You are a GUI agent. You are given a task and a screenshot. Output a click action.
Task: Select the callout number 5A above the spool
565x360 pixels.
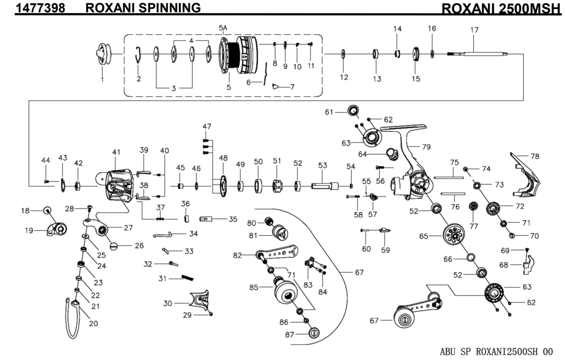pos(224,28)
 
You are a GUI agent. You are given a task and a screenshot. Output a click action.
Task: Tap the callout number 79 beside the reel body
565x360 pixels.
pos(426,146)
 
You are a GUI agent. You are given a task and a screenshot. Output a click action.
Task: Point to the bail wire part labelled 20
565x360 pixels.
pos(72,316)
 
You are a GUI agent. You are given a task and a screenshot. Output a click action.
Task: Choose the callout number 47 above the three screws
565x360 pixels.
pos(207,126)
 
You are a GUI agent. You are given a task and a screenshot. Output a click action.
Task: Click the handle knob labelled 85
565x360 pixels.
pos(286,292)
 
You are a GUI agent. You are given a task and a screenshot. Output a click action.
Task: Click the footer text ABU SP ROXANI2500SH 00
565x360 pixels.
pos(495,351)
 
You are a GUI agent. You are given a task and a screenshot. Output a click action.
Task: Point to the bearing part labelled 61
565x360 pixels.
pos(354,111)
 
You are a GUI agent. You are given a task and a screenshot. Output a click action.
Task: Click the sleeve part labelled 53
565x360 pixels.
pos(322,185)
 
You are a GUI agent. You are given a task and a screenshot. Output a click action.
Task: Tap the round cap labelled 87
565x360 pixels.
pos(314,333)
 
